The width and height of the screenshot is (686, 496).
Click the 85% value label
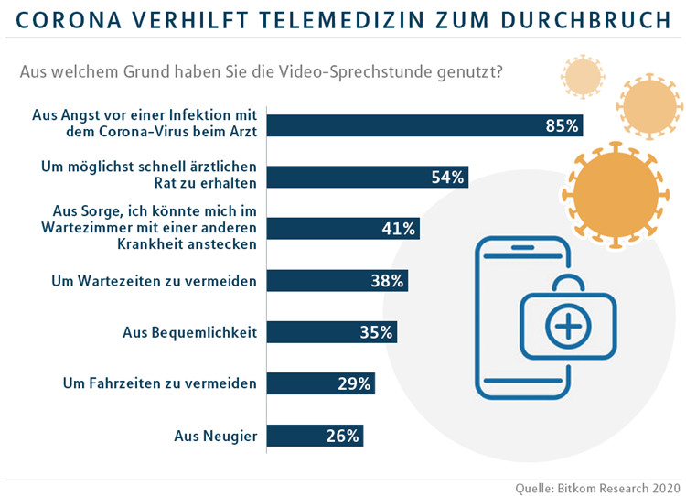563,126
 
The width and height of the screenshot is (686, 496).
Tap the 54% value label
448,178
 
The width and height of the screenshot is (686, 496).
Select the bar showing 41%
343,229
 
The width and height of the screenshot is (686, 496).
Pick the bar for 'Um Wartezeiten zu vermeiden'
338,281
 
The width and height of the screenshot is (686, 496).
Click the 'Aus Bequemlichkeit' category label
189,332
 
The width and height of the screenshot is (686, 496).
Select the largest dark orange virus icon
610,189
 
